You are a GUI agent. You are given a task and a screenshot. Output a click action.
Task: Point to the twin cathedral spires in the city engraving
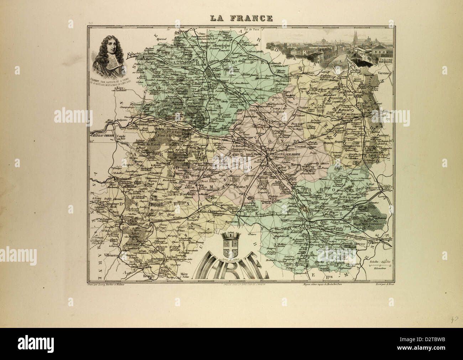coord(356,37)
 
